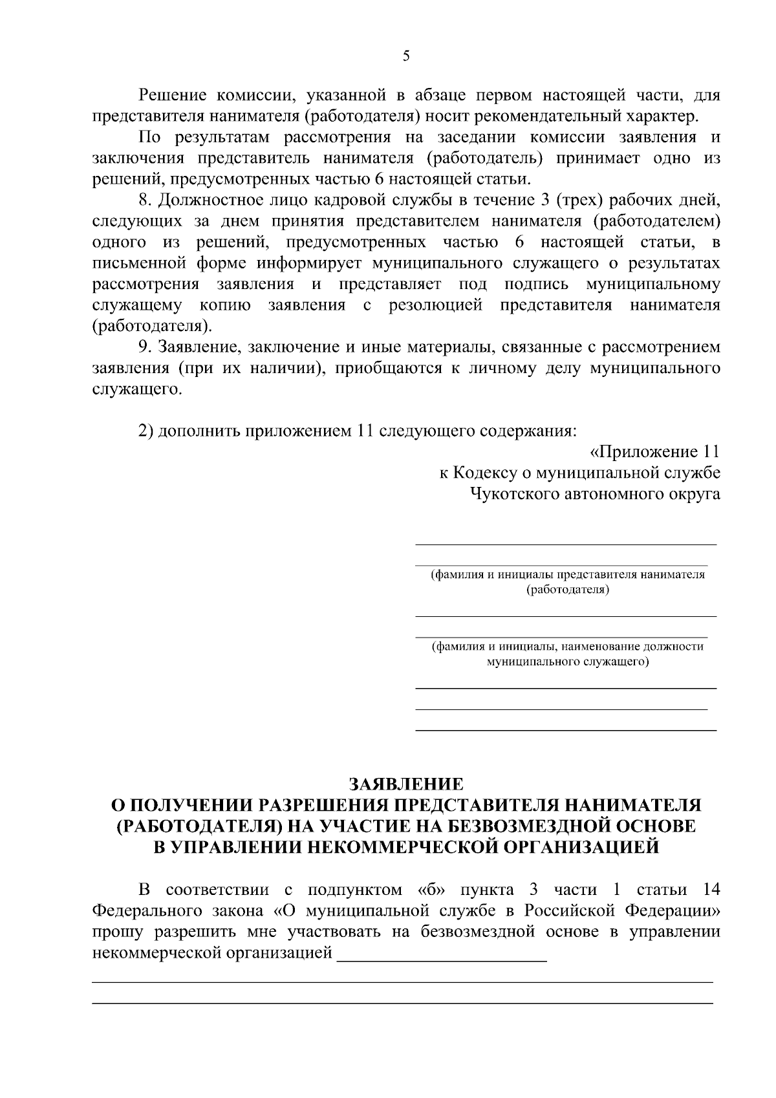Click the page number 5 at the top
tap(405, 56)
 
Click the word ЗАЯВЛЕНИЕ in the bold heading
tap(406, 784)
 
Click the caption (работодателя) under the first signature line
tap(567, 590)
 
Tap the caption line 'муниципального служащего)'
tap(567, 662)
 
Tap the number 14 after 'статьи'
tap(710, 889)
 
